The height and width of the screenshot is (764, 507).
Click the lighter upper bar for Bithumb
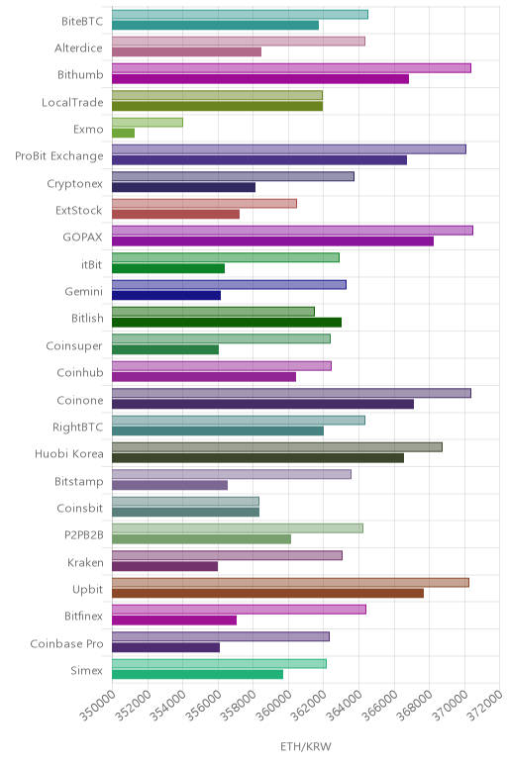tap(291, 68)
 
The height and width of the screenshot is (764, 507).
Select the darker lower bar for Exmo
tap(124, 133)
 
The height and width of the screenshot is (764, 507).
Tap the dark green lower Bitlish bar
tap(227, 322)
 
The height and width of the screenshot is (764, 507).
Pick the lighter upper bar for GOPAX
tap(292, 231)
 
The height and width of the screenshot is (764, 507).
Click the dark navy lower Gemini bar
tap(166, 295)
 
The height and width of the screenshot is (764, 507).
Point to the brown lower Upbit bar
tap(267, 593)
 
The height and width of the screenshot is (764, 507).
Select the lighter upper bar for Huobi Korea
tap(277, 447)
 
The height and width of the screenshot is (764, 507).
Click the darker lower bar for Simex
tap(197, 674)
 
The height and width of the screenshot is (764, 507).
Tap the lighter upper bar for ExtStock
tap(204, 203)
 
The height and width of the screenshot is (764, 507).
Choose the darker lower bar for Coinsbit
tap(186, 512)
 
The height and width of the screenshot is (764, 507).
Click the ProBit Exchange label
tap(59, 156)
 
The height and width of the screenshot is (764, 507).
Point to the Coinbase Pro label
tap(66, 643)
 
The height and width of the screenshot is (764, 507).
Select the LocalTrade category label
tap(72, 102)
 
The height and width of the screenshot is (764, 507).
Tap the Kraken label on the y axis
tap(85, 563)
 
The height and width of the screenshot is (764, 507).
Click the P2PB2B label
tap(84, 535)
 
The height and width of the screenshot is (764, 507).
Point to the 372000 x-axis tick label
tap(484, 705)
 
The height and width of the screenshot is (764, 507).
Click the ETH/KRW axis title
tap(306, 746)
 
